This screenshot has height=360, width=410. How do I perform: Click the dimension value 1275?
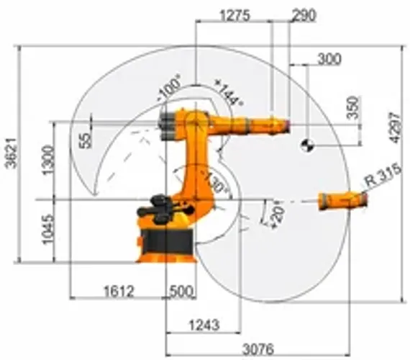click(x=234, y=14)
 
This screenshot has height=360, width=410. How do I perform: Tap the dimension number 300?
click(x=329, y=60)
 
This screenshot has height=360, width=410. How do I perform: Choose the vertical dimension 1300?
click(x=46, y=160)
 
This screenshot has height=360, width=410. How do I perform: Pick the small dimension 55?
click(x=86, y=139)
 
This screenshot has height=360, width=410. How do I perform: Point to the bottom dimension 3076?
click(x=256, y=350)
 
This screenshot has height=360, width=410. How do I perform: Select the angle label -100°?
click(x=170, y=90)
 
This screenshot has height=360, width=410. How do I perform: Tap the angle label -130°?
click(x=214, y=182)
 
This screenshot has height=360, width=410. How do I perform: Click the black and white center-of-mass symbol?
click(x=307, y=146)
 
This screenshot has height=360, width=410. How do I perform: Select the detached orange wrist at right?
click(x=342, y=201)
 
